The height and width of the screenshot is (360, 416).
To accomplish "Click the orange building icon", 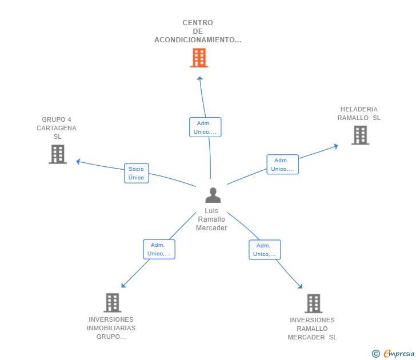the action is pyautogui.click(x=199, y=58).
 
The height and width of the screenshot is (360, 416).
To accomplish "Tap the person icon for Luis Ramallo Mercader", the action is pyautogui.click(x=213, y=195).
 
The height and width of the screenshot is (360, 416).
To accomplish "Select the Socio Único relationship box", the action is pyautogui.click(x=137, y=173).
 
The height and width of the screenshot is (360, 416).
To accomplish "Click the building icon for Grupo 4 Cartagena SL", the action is pyautogui.click(x=58, y=154).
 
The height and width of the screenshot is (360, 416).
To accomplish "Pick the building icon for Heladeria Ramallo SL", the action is pyautogui.click(x=360, y=135).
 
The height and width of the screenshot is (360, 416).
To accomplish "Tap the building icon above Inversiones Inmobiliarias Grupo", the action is pyautogui.click(x=113, y=303).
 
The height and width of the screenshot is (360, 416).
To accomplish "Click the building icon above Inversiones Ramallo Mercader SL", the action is pyautogui.click(x=314, y=303).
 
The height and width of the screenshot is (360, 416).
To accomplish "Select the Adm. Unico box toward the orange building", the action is pyautogui.click(x=205, y=127).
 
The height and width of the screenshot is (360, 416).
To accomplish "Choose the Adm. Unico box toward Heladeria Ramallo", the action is pyautogui.click(x=282, y=165).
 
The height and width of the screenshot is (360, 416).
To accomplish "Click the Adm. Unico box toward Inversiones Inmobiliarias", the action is pyautogui.click(x=159, y=249).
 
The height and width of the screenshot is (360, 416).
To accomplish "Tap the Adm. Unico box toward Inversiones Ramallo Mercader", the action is pyautogui.click(x=265, y=250).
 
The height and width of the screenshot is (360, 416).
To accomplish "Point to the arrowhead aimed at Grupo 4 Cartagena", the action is pyautogui.click(x=78, y=161).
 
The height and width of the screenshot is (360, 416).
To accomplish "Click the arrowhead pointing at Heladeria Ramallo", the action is pyautogui.click(x=336, y=146).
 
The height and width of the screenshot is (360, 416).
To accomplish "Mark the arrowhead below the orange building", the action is pyautogui.click(x=200, y=78).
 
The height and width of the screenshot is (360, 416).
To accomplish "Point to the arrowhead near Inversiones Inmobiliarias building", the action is pyautogui.click(x=123, y=286).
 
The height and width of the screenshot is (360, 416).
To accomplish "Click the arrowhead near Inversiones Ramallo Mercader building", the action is pyautogui.click(x=300, y=286).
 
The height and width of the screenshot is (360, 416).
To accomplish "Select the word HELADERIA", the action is pyautogui.click(x=359, y=109).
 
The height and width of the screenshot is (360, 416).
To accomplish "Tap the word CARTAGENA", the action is pyautogui.click(x=57, y=128).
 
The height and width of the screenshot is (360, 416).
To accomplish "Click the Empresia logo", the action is pyautogui.click(x=393, y=353).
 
